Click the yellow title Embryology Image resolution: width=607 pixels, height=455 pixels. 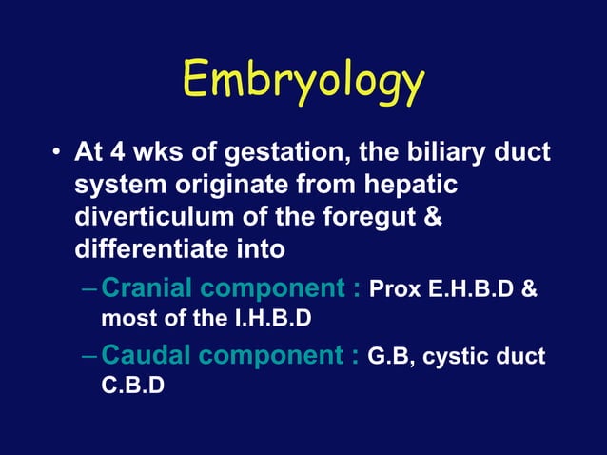point(303,83)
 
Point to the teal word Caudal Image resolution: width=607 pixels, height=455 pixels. point(149,357)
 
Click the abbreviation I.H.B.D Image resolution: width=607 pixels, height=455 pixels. point(265,317)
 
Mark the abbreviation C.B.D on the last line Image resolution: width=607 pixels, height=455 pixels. point(132,386)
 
